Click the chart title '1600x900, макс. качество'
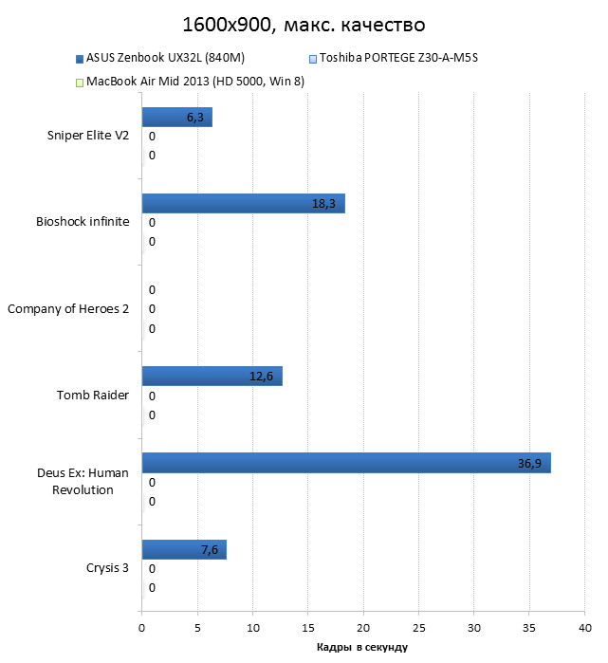(304, 22)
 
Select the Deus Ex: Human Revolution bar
(346, 463)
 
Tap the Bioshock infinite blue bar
(243, 204)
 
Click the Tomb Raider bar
(212, 377)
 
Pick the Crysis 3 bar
(184, 550)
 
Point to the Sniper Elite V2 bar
(176, 117)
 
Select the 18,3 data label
(324, 204)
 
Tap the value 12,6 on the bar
(261, 377)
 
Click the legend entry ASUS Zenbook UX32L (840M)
(153, 59)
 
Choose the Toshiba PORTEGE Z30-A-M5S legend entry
(398, 59)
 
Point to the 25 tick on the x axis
(419, 627)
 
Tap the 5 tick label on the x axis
(197, 627)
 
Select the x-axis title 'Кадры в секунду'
(360, 647)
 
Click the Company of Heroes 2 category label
(67, 309)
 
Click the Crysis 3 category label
(106, 569)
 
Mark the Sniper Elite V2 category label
(87, 136)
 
